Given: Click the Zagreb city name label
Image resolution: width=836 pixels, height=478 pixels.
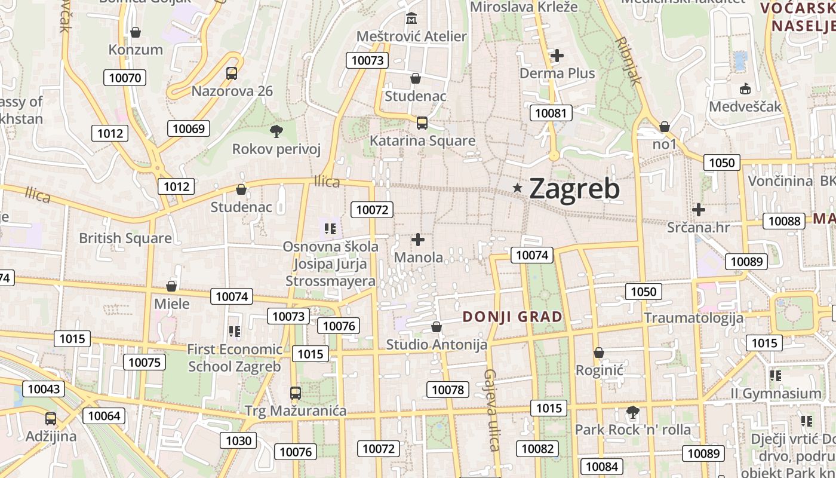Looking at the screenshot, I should coord(574,189).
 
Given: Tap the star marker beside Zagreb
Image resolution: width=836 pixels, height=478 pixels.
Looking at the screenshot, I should coord(518,188).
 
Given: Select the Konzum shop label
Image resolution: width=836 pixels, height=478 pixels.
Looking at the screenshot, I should coord(136,49).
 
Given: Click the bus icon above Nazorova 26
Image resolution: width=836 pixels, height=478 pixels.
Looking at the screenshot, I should coord(232,73).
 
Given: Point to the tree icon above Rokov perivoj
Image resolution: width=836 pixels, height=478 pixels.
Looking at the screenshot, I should coord(276,131).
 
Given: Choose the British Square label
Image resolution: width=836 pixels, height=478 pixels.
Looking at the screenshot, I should coord(125,238).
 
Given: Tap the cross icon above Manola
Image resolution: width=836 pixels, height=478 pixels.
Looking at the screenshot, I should coord(418,240).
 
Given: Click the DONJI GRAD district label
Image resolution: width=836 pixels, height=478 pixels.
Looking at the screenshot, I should coord(512,317).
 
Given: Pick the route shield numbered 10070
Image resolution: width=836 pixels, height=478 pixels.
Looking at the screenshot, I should coord(125,77).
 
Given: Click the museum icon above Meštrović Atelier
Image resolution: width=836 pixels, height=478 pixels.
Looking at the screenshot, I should coord(411,19).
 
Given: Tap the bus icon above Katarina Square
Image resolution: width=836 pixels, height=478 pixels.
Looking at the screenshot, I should coord(422,123).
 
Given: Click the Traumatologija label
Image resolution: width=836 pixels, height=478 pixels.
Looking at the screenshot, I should coord(693,317).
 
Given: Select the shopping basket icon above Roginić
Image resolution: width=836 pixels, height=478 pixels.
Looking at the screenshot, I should coord(599,353).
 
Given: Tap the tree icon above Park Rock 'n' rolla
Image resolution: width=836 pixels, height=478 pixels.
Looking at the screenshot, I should coord(632,412).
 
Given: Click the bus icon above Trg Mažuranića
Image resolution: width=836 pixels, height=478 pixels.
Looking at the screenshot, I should coord(296,393).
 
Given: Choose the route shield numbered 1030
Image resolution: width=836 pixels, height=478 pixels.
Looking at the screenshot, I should coord(239,441).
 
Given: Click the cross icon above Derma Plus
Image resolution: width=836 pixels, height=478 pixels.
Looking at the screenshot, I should coord(557,56).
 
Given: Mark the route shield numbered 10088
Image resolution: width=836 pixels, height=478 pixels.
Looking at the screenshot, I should coord(784,221).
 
